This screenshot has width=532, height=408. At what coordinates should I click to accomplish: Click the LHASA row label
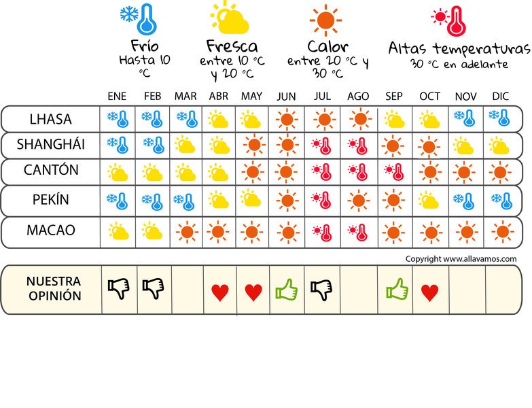50,120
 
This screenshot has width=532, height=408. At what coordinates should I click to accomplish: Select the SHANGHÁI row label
50,145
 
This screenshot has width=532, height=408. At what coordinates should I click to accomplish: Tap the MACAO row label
50,231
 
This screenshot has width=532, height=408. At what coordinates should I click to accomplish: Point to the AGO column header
358,97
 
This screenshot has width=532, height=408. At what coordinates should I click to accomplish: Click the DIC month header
501,97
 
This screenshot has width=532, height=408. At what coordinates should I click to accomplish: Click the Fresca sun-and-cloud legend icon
230,18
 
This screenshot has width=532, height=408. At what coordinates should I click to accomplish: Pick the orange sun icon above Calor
325,20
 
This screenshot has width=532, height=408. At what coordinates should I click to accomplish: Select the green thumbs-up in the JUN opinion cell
287,290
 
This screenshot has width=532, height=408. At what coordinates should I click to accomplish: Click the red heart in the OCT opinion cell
429,292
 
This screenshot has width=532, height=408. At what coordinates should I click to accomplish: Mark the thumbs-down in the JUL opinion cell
321,290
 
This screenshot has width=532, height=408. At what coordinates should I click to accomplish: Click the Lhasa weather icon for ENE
118,120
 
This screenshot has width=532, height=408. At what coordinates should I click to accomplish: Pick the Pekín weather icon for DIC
501,201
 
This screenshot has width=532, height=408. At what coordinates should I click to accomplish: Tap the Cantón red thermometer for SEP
393,173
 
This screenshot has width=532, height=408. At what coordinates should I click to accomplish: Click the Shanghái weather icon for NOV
465,146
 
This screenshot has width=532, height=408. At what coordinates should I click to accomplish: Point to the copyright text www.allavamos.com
461,259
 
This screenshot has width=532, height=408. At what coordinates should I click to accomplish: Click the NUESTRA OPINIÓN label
54,289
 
